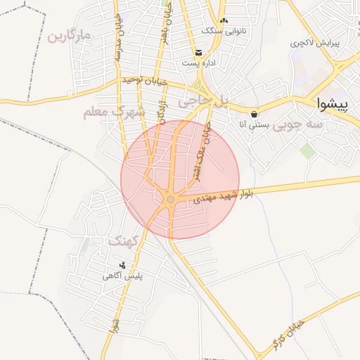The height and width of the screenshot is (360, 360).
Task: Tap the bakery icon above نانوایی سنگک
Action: [x=224, y=21]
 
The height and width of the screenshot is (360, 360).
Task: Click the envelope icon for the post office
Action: [x=199, y=53]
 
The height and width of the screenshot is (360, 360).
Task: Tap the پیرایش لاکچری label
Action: [x=315, y=43]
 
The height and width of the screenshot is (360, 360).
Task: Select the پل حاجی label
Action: [x=204, y=102]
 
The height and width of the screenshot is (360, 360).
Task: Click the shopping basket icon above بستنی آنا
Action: [x=253, y=114]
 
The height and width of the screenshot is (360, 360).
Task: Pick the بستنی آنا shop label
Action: [x=252, y=124]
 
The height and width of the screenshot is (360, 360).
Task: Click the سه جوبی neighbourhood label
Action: [x=298, y=124]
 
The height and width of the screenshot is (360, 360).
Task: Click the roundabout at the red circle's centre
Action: [x=170, y=200]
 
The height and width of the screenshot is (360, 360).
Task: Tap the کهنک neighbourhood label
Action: [x=124, y=240]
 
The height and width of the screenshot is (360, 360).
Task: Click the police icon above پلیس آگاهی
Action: [x=123, y=265]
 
